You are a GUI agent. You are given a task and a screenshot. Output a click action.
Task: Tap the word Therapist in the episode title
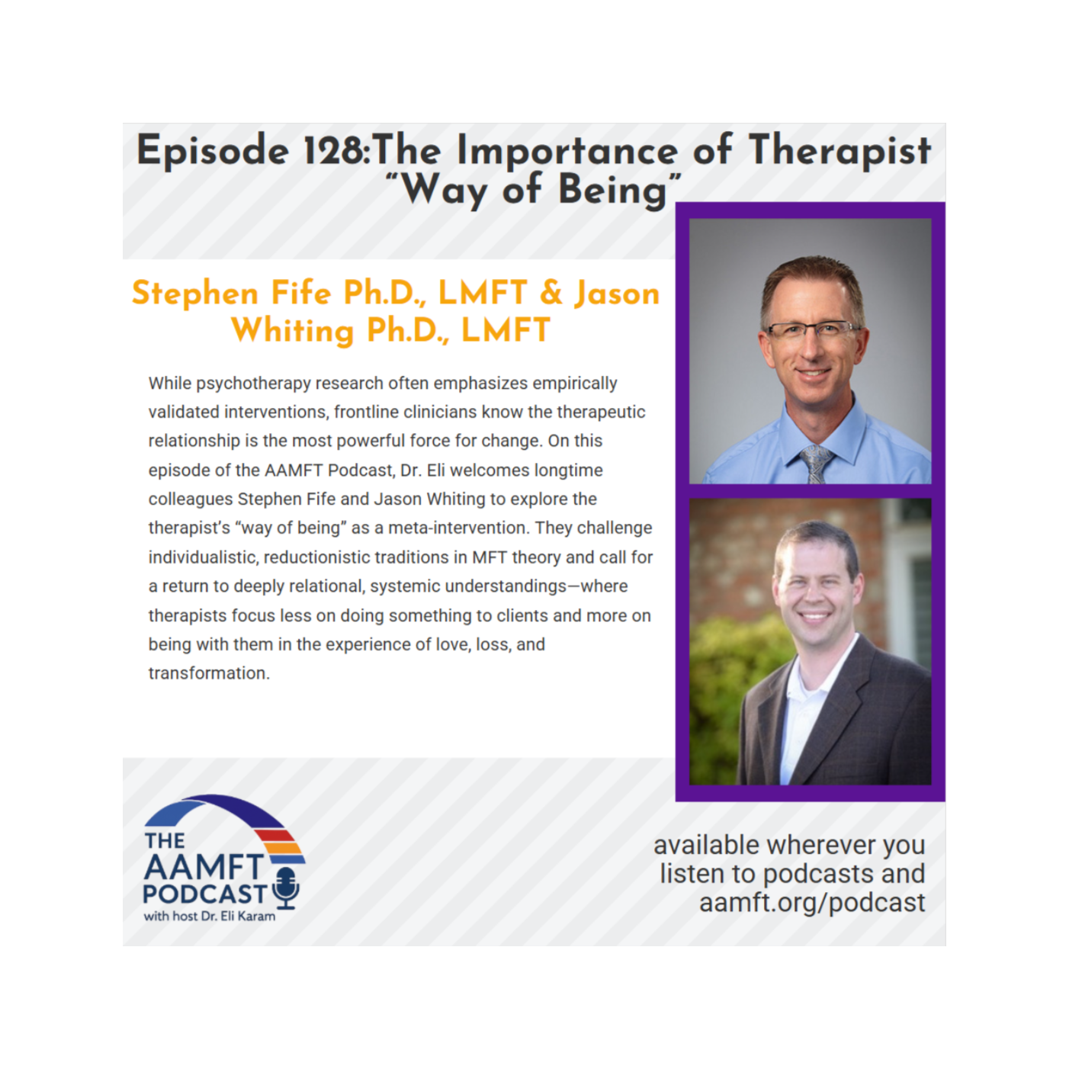point(839,151)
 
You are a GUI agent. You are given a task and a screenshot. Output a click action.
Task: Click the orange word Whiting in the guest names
point(292,330)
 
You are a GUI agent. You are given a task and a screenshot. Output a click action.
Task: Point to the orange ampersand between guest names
point(551,292)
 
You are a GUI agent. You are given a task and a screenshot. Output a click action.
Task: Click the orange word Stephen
point(194,294)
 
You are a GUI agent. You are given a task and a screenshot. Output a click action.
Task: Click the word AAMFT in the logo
point(204,868)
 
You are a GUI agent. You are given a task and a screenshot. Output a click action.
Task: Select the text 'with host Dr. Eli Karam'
point(209,917)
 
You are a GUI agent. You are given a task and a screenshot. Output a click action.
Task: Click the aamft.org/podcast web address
point(811,903)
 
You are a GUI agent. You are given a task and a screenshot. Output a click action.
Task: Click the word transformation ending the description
point(209,673)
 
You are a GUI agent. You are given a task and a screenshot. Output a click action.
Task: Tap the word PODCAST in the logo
point(205,894)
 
